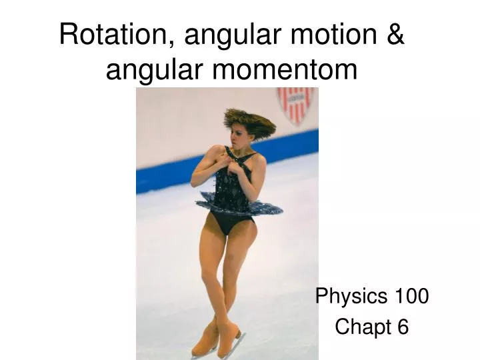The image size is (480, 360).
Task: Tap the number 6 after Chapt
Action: (x=401, y=327)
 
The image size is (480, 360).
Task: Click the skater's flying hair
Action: (x=250, y=121)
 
